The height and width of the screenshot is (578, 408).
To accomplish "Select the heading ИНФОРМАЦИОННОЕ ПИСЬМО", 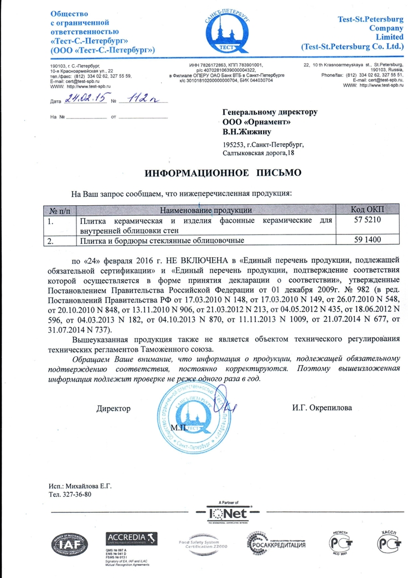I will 222,173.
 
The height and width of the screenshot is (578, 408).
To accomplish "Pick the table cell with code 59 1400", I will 368,241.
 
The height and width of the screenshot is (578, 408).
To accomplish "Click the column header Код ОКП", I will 368,209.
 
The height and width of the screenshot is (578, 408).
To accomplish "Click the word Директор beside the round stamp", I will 113,409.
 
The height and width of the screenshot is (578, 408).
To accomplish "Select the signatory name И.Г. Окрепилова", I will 321,409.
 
